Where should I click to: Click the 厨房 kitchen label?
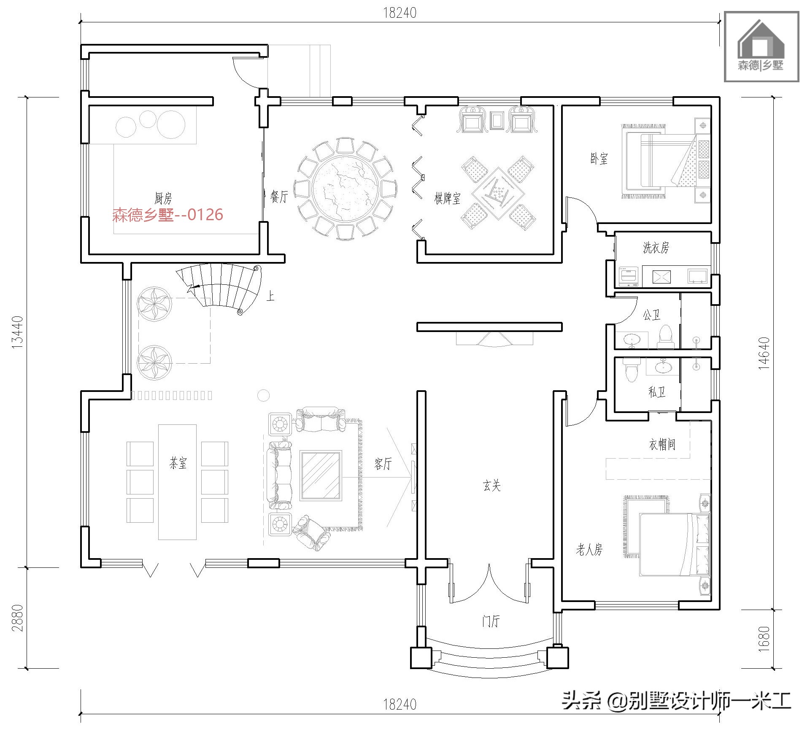pos(163,198)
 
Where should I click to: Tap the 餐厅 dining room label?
pos(279,197)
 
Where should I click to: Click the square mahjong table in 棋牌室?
pos(498,194)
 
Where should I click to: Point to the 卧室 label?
pos(599,159)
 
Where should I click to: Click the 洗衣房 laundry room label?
pos(656,248)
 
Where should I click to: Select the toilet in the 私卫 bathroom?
pos(631,369)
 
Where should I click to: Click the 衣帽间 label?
pos(662,444)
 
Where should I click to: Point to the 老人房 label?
pos(589,549)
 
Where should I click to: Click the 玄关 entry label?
pos(491,486)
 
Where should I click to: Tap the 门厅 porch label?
pos(491,621)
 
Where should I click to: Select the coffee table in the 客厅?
pos(321,475)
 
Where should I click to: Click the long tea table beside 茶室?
pos(177,482)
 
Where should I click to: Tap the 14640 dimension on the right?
pos(764,354)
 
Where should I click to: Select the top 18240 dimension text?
pos(400,13)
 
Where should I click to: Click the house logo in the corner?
pos(761,46)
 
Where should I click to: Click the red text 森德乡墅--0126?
pos(167,215)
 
